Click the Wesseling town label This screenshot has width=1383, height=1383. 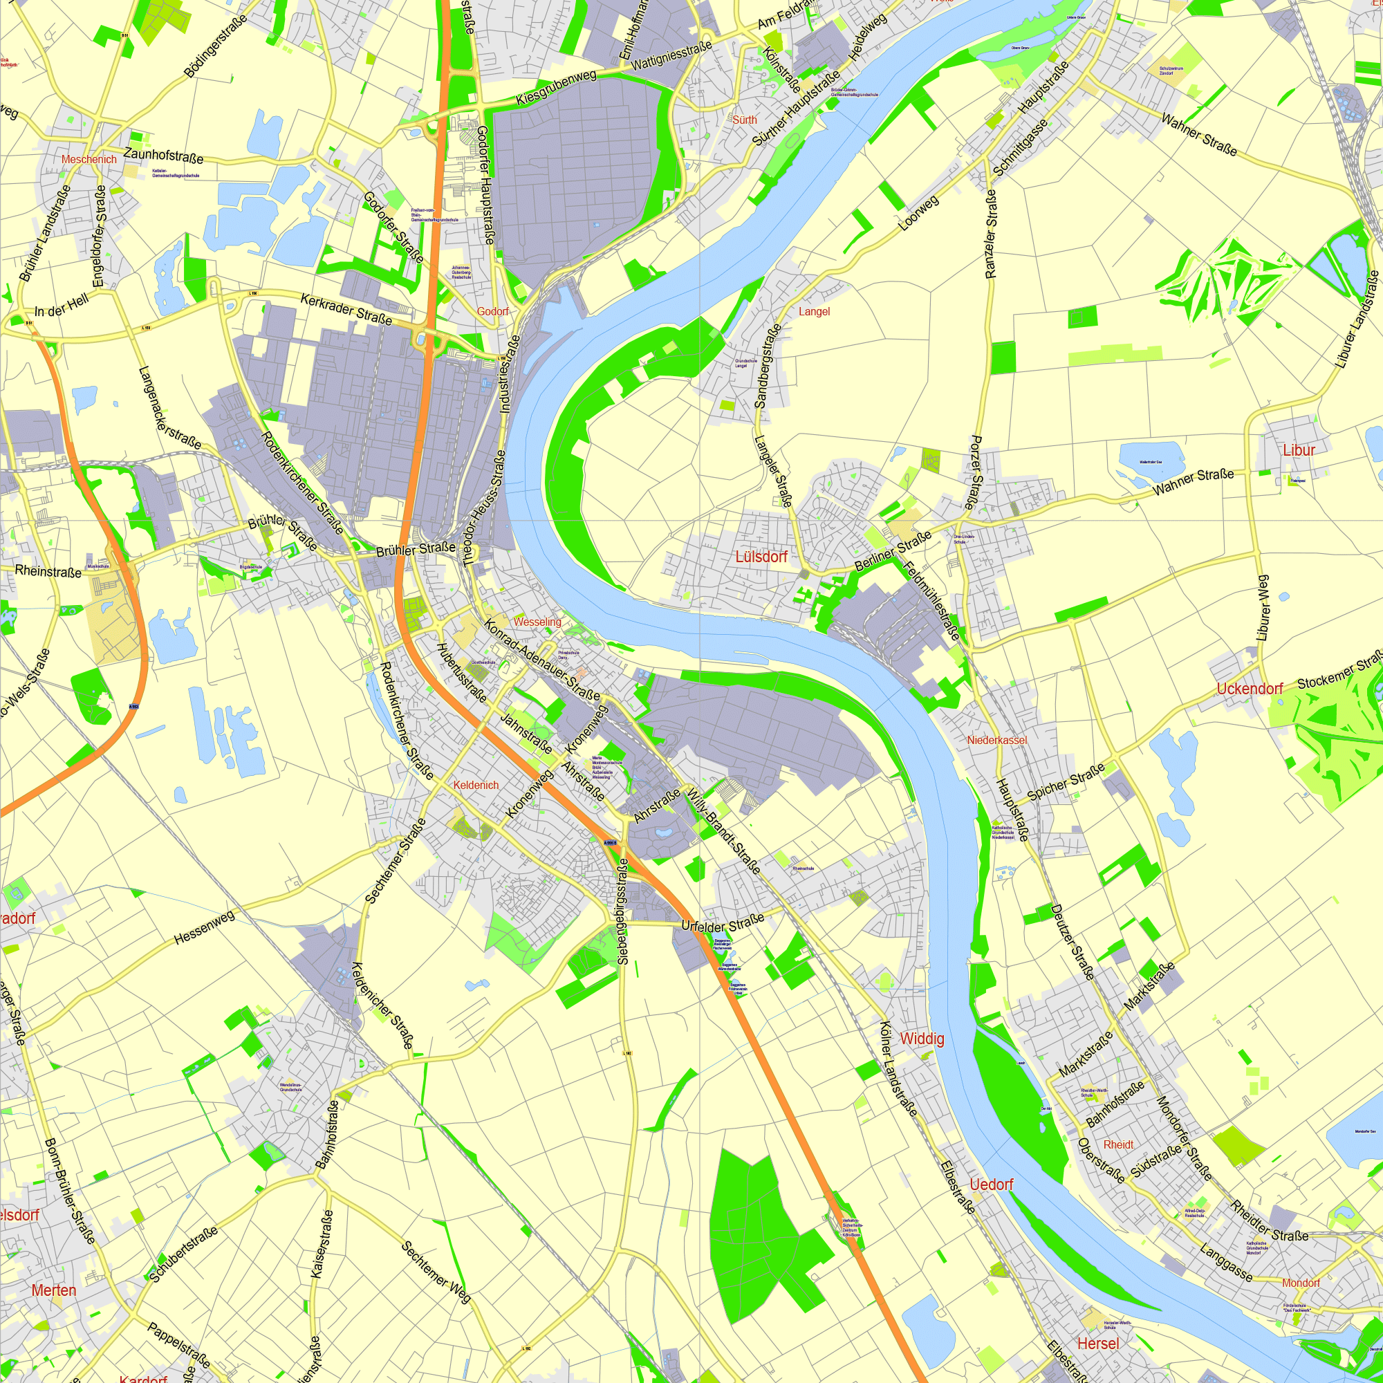(x=537, y=622)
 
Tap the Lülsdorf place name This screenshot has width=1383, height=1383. (x=761, y=556)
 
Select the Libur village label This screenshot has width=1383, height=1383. (x=1299, y=450)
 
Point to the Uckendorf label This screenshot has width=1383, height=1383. (x=1250, y=689)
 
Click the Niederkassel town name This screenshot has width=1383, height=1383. (x=997, y=740)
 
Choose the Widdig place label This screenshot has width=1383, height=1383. (x=922, y=1039)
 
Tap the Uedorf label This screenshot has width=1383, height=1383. (x=992, y=1185)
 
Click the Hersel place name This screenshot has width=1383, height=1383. (x=1097, y=1344)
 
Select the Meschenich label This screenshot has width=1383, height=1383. (x=89, y=160)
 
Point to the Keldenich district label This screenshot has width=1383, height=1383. (x=476, y=786)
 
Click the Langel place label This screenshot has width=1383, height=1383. (x=814, y=311)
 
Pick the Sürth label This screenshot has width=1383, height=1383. (x=745, y=120)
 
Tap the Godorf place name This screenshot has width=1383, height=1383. (x=492, y=311)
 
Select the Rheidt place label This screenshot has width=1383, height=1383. (x=1118, y=1144)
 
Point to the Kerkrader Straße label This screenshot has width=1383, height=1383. (x=346, y=309)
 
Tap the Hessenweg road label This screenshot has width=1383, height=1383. (x=205, y=927)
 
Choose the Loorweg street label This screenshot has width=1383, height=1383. (x=918, y=212)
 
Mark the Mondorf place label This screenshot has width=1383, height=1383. (x=1301, y=1283)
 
